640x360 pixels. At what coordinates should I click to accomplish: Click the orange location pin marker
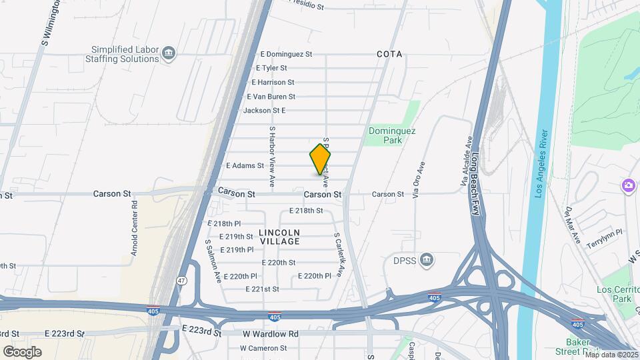pyautogui.click(x=320, y=160)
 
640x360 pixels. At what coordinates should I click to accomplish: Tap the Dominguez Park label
pyautogui.click(x=392, y=136)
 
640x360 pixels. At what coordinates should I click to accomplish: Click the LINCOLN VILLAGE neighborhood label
pyautogui.click(x=280, y=237)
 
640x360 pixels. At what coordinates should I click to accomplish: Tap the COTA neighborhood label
pyautogui.click(x=389, y=54)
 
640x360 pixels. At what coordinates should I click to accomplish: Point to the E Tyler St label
pyautogui.click(x=271, y=68)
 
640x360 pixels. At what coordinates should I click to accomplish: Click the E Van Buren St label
pyautogui.click(x=271, y=97)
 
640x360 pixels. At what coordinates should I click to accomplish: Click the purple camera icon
pyautogui.click(x=628, y=185)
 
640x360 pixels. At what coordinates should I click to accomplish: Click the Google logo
pyautogui.click(x=22, y=351)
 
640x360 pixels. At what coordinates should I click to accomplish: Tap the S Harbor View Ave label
pyautogui.click(x=272, y=156)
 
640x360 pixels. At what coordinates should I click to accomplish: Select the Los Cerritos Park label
pyautogui.click(x=613, y=294)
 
